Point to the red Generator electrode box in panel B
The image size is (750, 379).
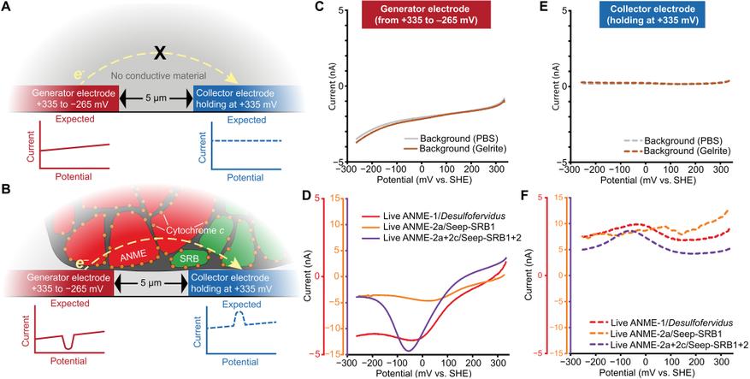click(62, 282)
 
